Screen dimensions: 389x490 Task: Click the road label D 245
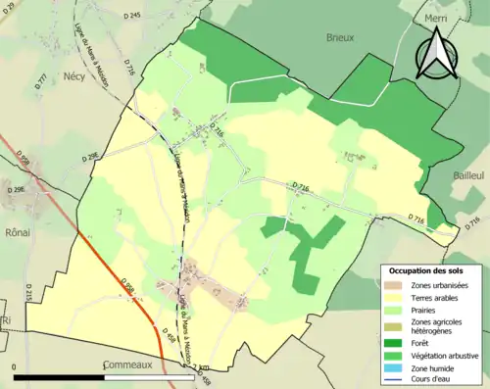(134, 16)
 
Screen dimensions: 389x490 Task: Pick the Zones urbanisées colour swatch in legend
(392, 285)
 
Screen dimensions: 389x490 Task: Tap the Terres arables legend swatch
(392, 297)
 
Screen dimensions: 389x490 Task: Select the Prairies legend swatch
(392, 310)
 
